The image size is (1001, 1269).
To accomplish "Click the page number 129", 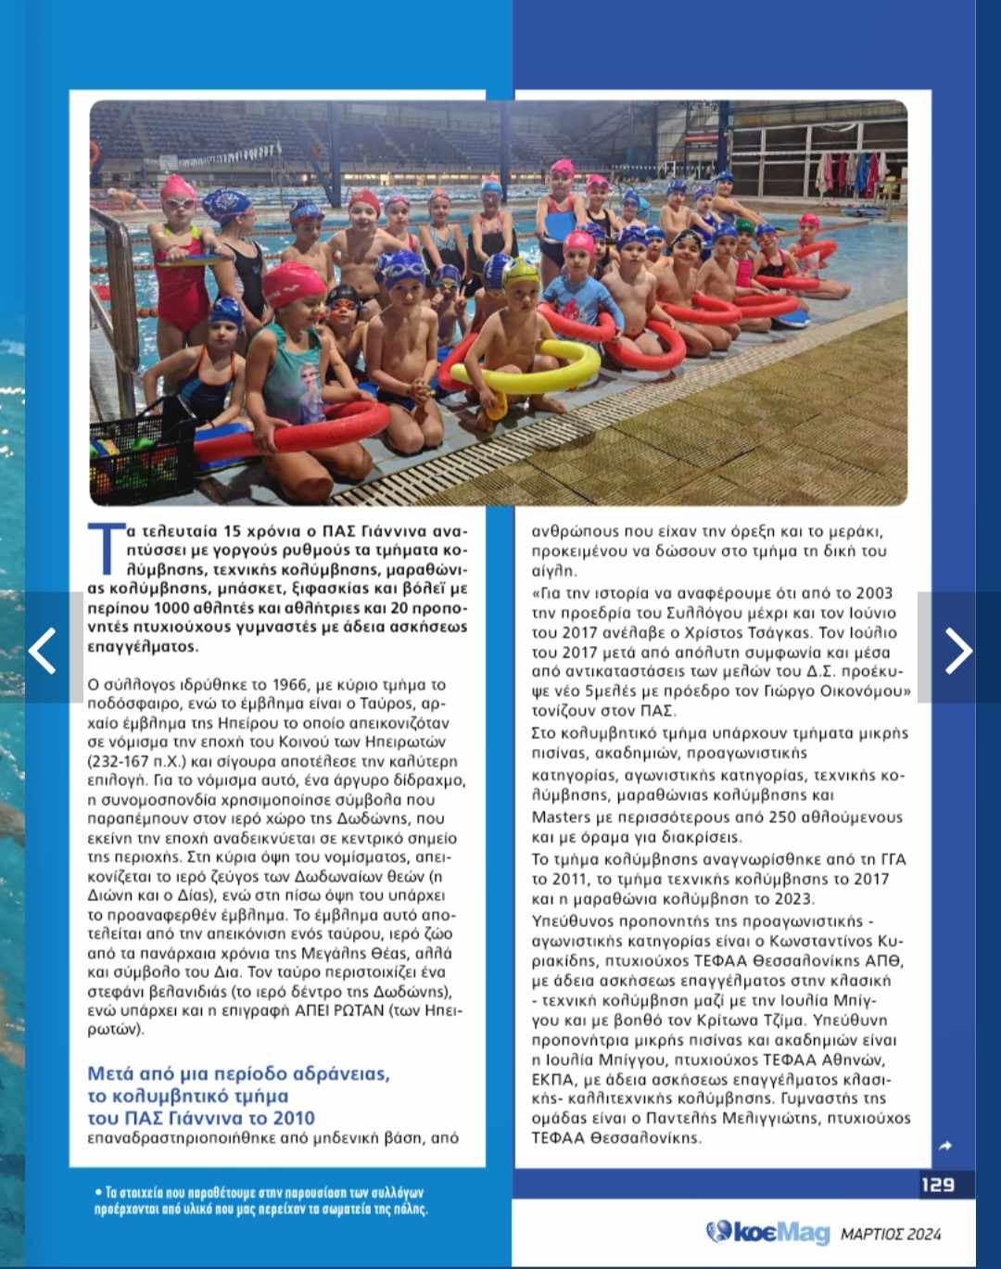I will coord(937,1184).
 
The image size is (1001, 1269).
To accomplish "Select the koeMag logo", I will coord(767,1232).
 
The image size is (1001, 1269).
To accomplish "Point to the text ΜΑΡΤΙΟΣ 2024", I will coord(891,1234).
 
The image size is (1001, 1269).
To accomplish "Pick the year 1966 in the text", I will coord(289,685).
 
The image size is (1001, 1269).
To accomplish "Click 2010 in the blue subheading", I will coord(293,1118).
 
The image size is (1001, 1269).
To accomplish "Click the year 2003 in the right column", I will coord(871,592).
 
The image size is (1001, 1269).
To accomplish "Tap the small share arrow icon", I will coord(945,1146).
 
